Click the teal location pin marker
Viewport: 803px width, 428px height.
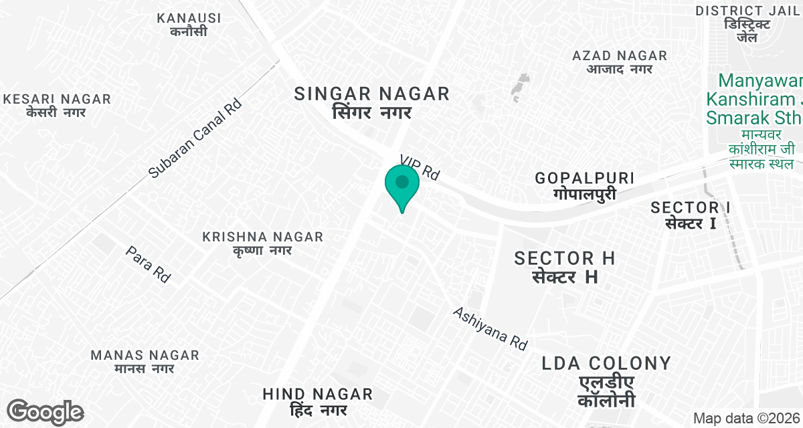[x=402, y=184]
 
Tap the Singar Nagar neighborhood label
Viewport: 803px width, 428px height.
[x=372, y=102]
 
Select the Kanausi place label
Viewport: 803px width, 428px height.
[x=189, y=24]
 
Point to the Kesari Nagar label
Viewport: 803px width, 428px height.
[x=57, y=106]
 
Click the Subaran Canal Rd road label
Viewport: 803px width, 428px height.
[x=195, y=139]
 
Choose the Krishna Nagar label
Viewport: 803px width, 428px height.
[x=263, y=243]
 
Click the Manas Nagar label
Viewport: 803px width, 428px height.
[x=145, y=361]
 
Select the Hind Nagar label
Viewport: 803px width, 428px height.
[x=317, y=401]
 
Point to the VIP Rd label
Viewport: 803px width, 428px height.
[x=420, y=167]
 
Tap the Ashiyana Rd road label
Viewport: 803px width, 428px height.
[x=490, y=328]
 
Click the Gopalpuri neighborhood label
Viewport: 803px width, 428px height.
[x=584, y=185]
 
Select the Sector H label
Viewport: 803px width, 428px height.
[x=564, y=266]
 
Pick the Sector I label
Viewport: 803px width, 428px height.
[x=691, y=215]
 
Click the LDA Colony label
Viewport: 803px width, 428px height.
[x=606, y=381]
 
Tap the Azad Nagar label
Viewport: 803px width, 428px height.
[x=620, y=62]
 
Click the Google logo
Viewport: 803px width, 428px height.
[x=45, y=412]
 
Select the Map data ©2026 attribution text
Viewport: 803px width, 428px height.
[x=746, y=419]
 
